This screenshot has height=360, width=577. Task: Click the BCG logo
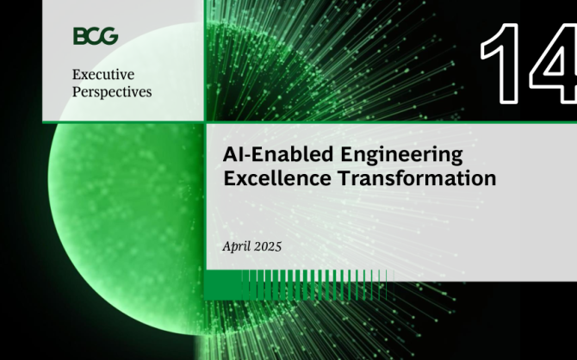coord(96,36)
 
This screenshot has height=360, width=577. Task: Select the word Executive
coord(103,74)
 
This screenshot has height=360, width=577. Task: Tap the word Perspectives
coord(112,92)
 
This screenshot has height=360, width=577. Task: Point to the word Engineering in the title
coord(401,155)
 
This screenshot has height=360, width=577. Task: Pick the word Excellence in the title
coord(277,178)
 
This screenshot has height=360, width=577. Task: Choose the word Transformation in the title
coord(418,178)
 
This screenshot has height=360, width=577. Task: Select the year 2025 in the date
coord(268,246)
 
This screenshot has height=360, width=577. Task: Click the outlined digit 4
coord(554,64)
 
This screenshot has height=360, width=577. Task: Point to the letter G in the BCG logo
coord(109,36)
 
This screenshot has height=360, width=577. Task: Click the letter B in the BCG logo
coord(79,36)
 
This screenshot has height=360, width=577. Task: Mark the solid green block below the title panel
coord(223,285)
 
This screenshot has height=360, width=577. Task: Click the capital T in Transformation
coord(345,178)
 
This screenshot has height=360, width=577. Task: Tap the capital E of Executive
coord(77,75)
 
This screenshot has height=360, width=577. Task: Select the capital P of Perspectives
coord(77,91)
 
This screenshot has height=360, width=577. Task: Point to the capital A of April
coord(227,246)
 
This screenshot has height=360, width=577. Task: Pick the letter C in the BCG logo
coord(94,36)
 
